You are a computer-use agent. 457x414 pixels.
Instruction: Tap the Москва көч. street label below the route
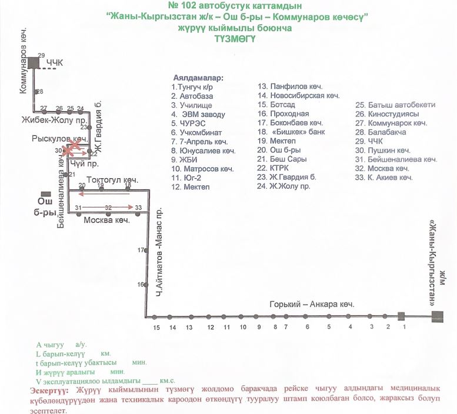(106, 221)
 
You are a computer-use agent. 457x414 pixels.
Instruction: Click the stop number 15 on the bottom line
(156, 327)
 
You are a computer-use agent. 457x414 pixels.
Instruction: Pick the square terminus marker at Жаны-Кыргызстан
(437, 317)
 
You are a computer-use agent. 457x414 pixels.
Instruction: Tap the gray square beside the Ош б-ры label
(43, 195)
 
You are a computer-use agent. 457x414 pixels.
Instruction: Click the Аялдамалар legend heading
(199, 78)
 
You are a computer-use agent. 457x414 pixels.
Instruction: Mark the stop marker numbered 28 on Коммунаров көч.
(35, 92)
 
